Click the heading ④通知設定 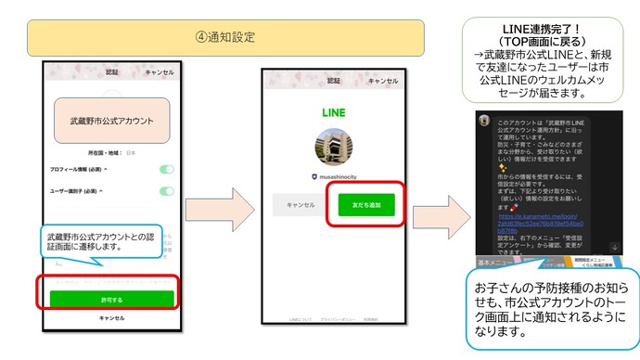(x=225, y=38)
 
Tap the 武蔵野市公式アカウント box (x=111, y=121)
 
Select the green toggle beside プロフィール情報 (x=166, y=170)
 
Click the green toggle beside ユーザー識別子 (x=166, y=191)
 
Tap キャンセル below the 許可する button (x=111, y=317)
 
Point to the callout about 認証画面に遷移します (x=100, y=243)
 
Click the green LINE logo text (x=334, y=111)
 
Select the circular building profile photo (x=334, y=148)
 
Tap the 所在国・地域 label (x=105, y=152)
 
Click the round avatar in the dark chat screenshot (x=484, y=121)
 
